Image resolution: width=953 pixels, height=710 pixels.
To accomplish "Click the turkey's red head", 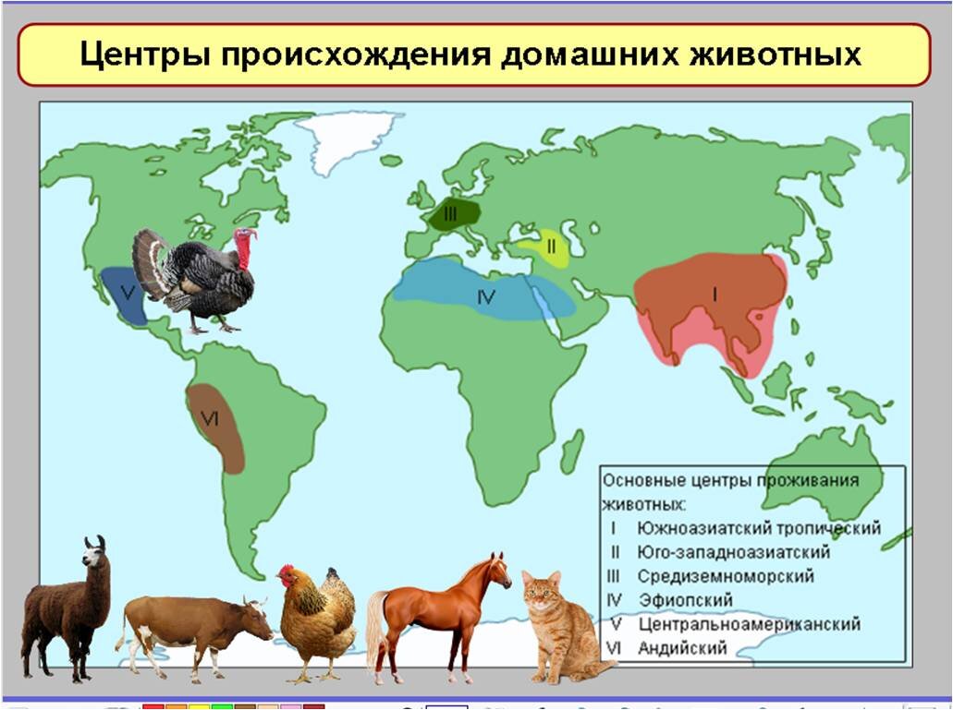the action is [246, 246].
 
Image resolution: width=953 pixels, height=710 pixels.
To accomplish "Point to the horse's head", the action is [496, 571].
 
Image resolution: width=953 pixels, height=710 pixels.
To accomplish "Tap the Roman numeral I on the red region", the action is [714, 293].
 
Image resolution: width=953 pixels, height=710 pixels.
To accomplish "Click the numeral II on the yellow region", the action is [550, 247].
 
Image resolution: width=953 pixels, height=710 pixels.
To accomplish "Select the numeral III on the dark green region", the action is [450, 213].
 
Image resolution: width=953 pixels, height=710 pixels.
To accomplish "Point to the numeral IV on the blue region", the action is [486, 297].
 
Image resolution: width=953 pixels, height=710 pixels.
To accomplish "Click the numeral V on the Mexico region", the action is [128, 294].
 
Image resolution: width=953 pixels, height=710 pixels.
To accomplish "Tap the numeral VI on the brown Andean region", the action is [210, 419].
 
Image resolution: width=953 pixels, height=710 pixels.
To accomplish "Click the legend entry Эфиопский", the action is [685, 600].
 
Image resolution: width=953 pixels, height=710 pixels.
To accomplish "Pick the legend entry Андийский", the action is [682, 648].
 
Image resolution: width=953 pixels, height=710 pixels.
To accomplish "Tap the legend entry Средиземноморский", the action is [726, 576].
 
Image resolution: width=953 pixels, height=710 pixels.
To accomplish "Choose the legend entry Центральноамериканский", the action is [749, 624].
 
